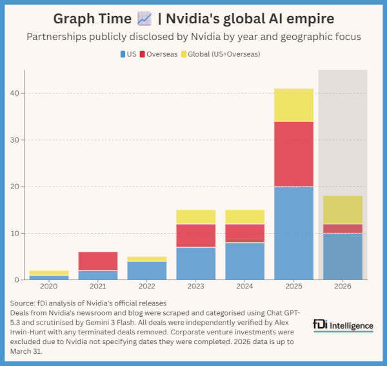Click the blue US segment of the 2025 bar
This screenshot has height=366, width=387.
293,233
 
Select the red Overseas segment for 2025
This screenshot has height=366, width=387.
293,154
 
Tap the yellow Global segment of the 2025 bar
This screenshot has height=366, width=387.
293,105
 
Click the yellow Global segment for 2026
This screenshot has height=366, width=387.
342,210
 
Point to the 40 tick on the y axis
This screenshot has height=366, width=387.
21,93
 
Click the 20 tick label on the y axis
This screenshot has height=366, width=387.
21,187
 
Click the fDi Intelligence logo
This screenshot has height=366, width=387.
342,324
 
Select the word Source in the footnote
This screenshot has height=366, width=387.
26,303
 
